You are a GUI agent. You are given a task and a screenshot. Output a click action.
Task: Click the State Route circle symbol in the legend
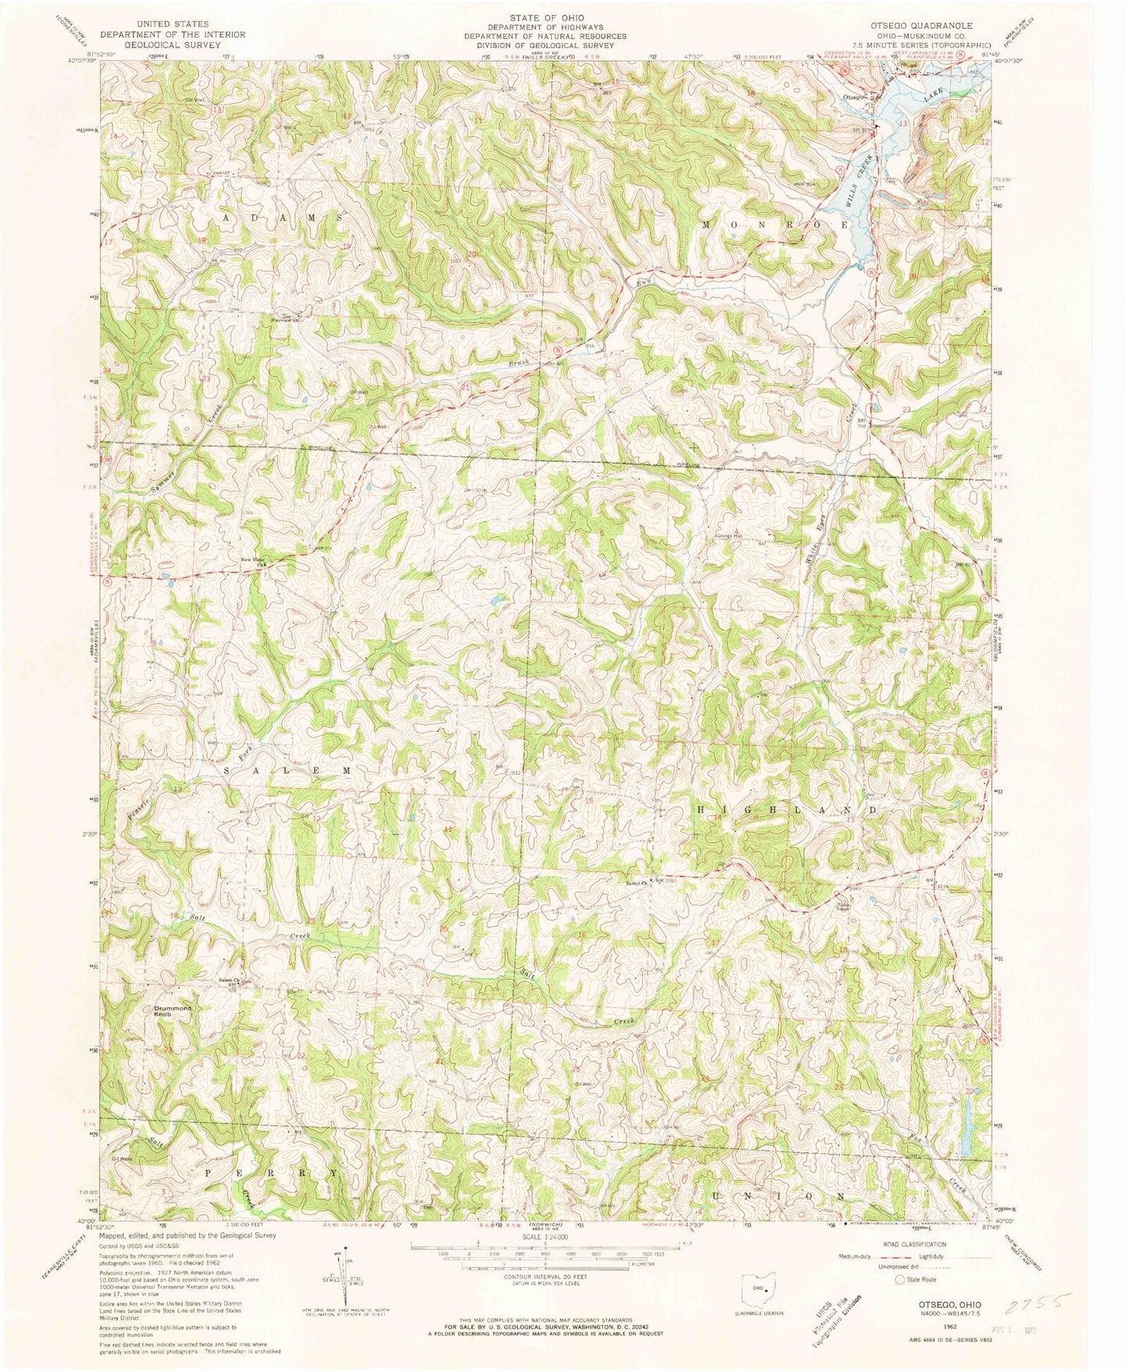[900, 1279]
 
